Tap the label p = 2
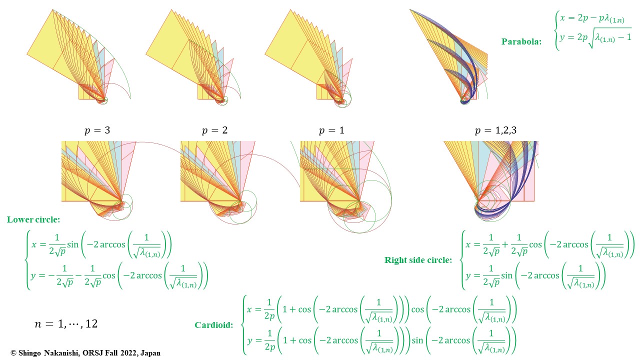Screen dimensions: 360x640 pyautogui.click(x=214, y=131)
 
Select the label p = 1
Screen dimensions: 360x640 pyautogui.click(x=331, y=131)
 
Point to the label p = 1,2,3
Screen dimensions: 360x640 pyautogui.click(x=495, y=131)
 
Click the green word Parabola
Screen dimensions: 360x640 pyautogui.click(x=521, y=42)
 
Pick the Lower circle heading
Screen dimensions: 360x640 pyautogui.click(x=33, y=219)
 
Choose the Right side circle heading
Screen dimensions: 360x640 pyautogui.click(x=418, y=260)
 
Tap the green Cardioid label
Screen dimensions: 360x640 pyautogui.click(x=213, y=325)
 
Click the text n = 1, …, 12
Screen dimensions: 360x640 pyautogui.click(x=66, y=324)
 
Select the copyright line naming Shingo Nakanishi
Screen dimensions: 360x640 pyautogui.click(x=85, y=353)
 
